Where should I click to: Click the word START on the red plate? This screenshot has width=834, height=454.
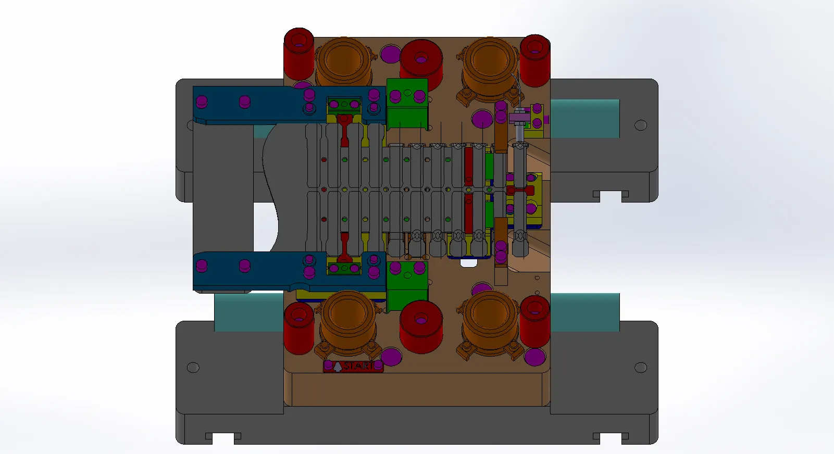coord(358,366)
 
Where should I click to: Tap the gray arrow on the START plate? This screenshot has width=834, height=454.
coord(338,367)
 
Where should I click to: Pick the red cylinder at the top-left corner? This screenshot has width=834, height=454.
coord(298,54)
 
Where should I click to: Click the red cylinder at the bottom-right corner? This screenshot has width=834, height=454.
coord(535,321)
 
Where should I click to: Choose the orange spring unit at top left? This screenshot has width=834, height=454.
coord(343,64)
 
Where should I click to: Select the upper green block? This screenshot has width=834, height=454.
coord(407,103)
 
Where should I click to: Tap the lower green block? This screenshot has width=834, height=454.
coord(407,286)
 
